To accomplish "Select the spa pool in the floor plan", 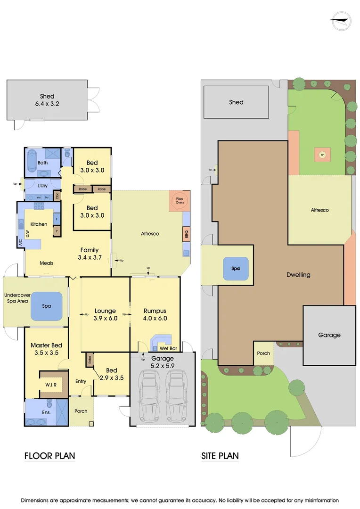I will coord(47,306).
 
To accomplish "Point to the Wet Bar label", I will coord(168,348).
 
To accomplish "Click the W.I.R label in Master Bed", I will coord(51,385).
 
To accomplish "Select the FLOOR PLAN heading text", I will coord(49,456).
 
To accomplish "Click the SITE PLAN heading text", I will coord(220,456).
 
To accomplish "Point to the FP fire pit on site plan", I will coord(323,155).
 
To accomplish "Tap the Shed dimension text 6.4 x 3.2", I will coord(47,104).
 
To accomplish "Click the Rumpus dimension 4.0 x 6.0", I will coord(155,318).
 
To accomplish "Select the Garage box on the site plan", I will coord(329,335).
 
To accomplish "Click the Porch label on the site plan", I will coord(263,353).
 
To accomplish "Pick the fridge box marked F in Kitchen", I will coord(57,219).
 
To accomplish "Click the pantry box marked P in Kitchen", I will coord(57,231).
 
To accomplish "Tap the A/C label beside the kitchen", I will coord(20,243).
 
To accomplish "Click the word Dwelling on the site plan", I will coord(298,274).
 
